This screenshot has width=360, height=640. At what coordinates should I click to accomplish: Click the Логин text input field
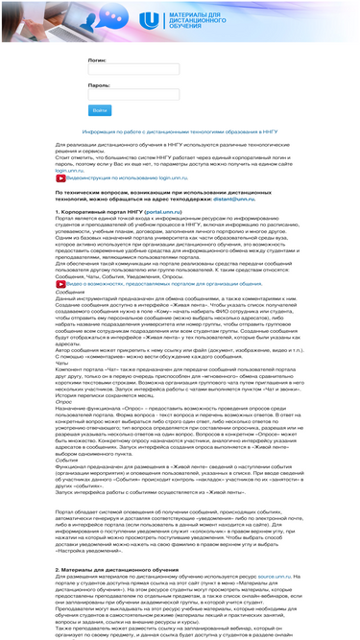tap(120, 70)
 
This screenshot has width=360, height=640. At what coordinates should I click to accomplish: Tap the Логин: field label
tap(98, 59)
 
